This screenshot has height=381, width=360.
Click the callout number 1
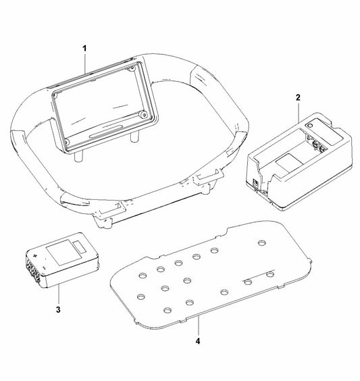(84, 49)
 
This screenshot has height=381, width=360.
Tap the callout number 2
(298, 97)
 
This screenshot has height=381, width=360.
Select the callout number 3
(58, 310)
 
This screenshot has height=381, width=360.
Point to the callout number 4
(198, 341)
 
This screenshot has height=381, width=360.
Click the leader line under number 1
(84, 63)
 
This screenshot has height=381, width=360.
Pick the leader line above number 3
(58, 294)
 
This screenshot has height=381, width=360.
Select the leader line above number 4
(198, 326)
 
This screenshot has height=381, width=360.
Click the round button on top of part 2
(309, 126)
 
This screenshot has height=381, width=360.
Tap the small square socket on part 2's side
(256, 183)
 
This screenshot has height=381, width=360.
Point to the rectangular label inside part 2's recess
(290, 161)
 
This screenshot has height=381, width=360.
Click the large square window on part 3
(64, 252)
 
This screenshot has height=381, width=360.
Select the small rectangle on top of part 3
(80, 247)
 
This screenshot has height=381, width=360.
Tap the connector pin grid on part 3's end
(33, 270)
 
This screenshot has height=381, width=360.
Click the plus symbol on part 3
(36, 255)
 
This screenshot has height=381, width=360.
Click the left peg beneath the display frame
(78, 157)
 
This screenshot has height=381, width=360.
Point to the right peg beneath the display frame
(134, 137)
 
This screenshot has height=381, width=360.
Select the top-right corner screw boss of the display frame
(132, 68)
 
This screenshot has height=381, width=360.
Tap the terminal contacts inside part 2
(316, 144)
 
